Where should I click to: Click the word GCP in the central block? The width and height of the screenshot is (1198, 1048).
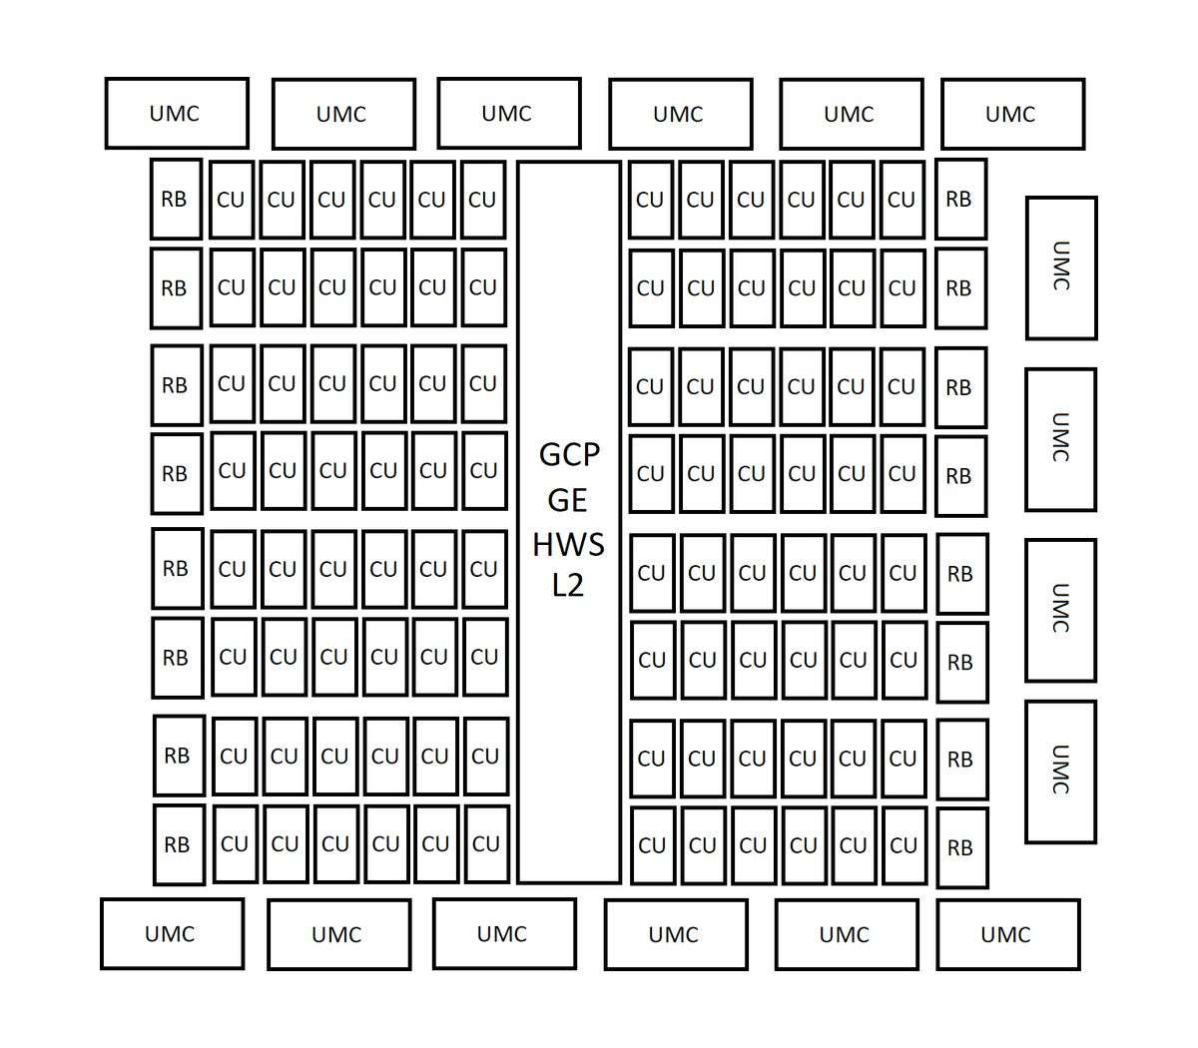569,455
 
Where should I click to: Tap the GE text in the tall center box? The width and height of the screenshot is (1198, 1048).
567,501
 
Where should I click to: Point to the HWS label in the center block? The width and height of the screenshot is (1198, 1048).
568,545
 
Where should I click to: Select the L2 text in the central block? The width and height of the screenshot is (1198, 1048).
567,585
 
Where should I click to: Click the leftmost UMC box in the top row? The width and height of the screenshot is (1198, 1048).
177,113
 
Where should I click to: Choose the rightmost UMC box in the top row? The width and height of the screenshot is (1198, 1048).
1013,114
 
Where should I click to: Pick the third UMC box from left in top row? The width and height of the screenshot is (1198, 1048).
509,113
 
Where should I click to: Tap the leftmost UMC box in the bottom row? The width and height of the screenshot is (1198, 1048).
172,934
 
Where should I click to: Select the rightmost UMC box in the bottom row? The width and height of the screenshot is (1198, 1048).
1008,934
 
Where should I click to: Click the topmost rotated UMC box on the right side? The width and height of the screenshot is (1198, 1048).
1061,267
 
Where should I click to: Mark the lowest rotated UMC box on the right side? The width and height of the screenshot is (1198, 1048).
1060,772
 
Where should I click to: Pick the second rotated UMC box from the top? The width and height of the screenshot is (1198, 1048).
1060,439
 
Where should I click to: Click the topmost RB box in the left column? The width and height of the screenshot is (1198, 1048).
177,199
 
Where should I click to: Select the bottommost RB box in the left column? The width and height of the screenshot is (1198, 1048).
179,844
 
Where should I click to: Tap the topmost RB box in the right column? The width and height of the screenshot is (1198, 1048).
960,199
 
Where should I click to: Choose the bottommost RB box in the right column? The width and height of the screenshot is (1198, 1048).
962,847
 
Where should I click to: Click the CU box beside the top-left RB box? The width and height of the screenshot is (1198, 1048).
232,200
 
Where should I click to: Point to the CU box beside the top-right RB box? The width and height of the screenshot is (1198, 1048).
902,200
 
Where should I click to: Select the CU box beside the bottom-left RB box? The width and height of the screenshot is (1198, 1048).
236,843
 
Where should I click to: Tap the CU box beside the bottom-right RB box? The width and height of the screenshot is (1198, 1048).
904,844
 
